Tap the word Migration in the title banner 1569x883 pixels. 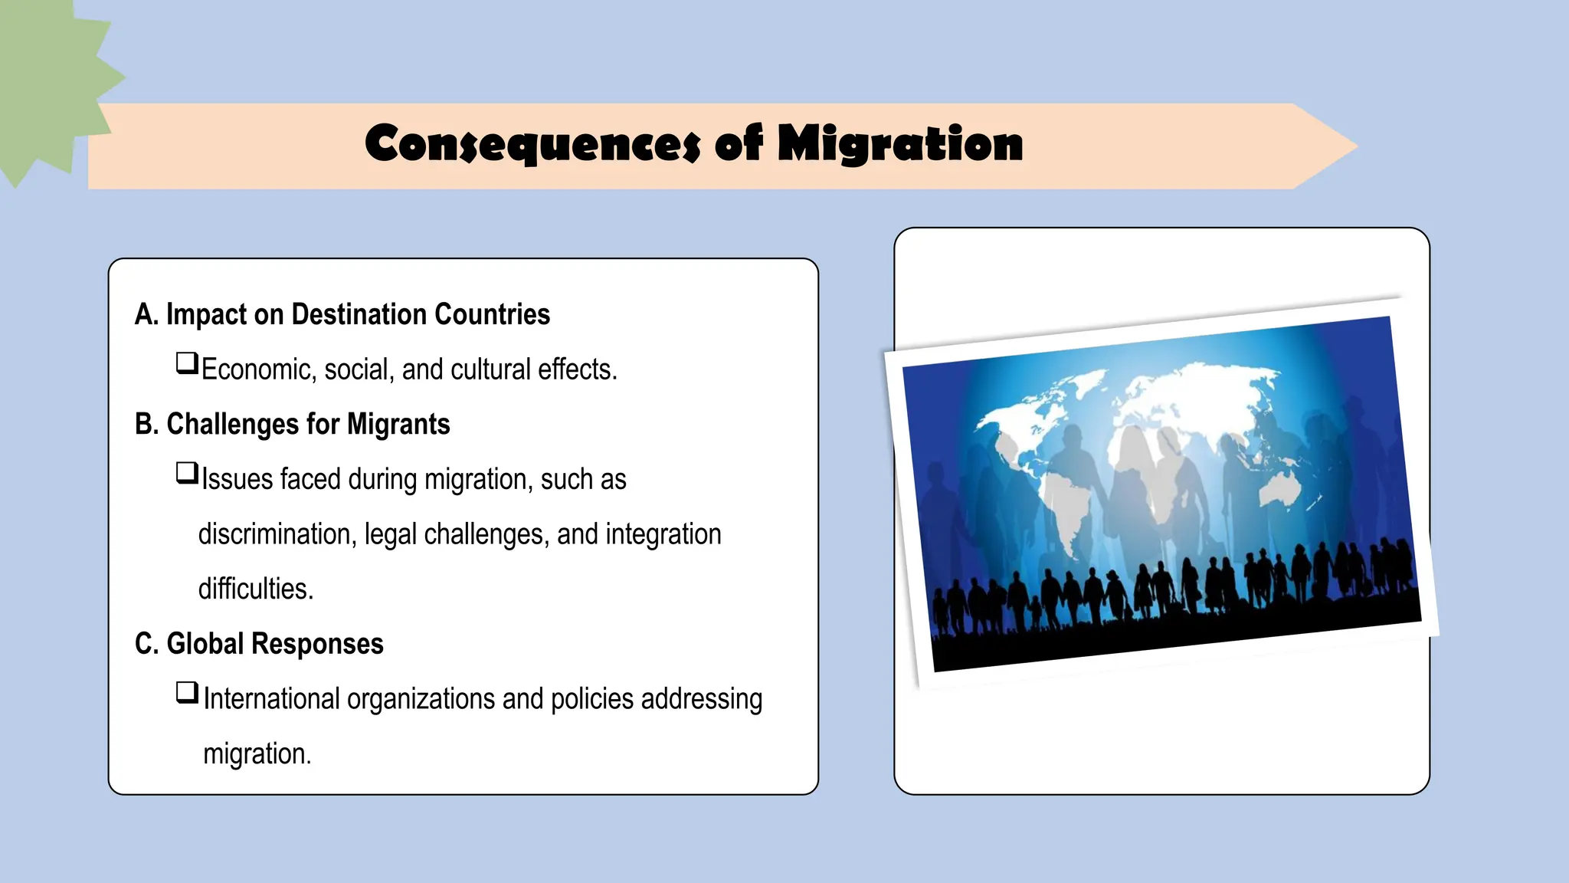900,143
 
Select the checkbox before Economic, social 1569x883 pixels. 187,363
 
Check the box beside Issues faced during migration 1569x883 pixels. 187,473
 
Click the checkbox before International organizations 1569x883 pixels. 187,693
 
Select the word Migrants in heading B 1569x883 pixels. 398,424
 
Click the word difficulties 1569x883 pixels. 256,589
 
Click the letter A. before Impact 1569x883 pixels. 146,314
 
